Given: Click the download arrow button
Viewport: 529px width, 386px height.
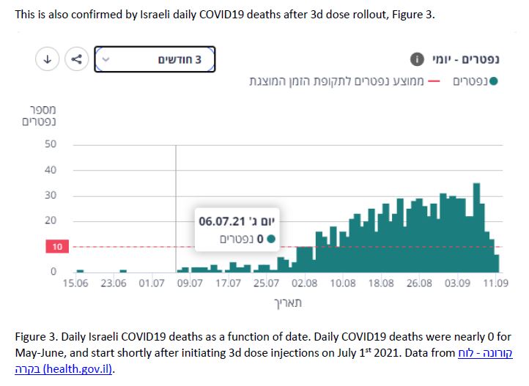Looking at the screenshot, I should (47, 59).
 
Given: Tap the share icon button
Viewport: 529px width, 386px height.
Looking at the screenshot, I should (76, 59).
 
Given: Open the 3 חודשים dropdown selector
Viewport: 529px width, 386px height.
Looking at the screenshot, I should (155, 59).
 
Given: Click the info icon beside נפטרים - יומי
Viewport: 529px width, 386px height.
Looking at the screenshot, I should (417, 59).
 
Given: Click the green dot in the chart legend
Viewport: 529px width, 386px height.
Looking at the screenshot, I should (493, 81).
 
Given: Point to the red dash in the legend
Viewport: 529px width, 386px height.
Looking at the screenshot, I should (434, 81).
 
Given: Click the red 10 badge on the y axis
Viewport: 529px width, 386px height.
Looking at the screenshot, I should (56, 247).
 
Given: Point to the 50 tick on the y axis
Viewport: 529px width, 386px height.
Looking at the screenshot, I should (51, 144).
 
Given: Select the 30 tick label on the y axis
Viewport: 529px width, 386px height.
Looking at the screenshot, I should (51, 196).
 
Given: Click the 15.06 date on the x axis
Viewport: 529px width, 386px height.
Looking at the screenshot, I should (77, 283).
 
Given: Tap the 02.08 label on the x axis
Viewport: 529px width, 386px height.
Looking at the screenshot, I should (305, 283).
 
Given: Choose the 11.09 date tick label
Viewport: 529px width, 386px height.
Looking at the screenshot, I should (495, 283).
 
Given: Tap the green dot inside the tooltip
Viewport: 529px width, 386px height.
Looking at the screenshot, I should (271, 238).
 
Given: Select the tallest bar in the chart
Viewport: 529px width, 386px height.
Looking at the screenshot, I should (476, 227).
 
